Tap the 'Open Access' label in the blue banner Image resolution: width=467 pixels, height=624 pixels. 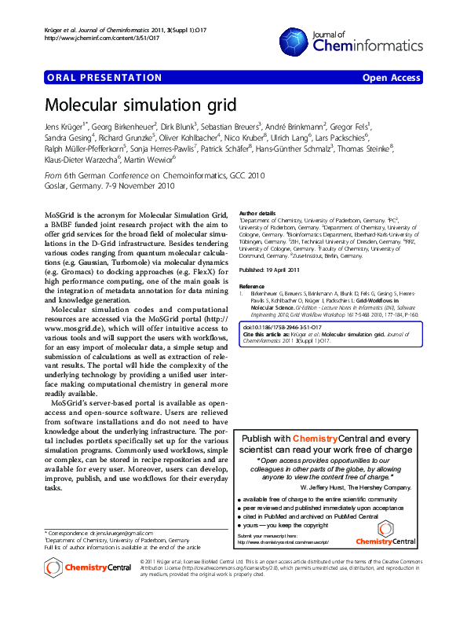pos(390,79)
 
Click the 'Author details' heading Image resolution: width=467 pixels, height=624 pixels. pos(257,213)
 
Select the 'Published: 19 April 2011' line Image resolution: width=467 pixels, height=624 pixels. pos(269,270)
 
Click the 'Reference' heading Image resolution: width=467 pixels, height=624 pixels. pos(252,287)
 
